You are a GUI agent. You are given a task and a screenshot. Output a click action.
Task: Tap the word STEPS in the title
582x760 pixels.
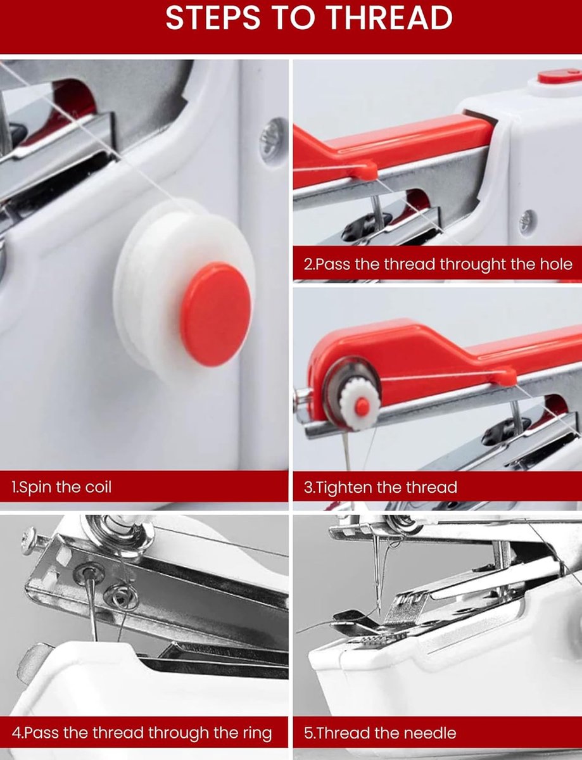point(213,18)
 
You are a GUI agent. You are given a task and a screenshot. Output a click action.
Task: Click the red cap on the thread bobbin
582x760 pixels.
point(216,314)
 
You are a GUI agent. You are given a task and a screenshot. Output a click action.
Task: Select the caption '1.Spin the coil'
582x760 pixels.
point(61,487)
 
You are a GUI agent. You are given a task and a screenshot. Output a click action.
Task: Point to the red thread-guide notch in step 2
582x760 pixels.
point(364,170)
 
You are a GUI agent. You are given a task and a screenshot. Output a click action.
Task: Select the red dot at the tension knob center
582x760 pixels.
point(362,405)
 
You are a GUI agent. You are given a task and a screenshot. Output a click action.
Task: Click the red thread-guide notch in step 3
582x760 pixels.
point(503,377)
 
